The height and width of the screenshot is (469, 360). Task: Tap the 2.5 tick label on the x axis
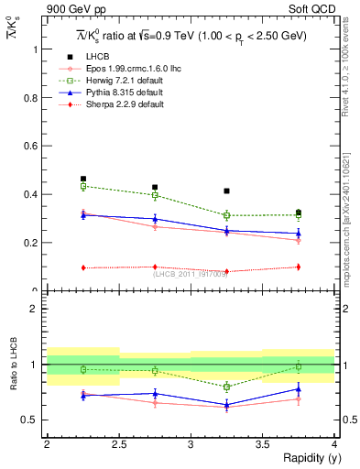(118, 444)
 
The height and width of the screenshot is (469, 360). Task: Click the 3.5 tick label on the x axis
(262, 444)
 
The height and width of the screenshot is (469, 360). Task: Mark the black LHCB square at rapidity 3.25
(226, 191)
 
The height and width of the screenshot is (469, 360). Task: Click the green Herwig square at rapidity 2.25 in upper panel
(83, 186)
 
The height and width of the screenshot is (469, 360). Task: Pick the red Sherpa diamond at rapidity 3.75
(299, 267)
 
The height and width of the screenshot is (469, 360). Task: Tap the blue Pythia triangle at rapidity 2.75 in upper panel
(155, 219)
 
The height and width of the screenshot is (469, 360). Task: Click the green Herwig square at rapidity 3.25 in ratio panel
(226, 387)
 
